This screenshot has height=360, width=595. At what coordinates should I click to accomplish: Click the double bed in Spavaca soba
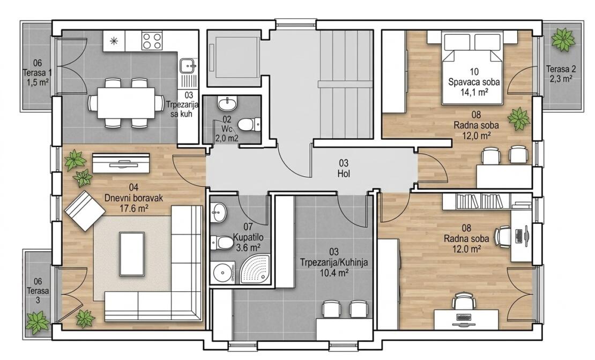(x=472, y=66)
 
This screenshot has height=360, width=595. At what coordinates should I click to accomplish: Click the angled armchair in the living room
(x=85, y=210)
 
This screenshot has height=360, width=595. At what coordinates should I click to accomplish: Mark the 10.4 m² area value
(x=333, y=272)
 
